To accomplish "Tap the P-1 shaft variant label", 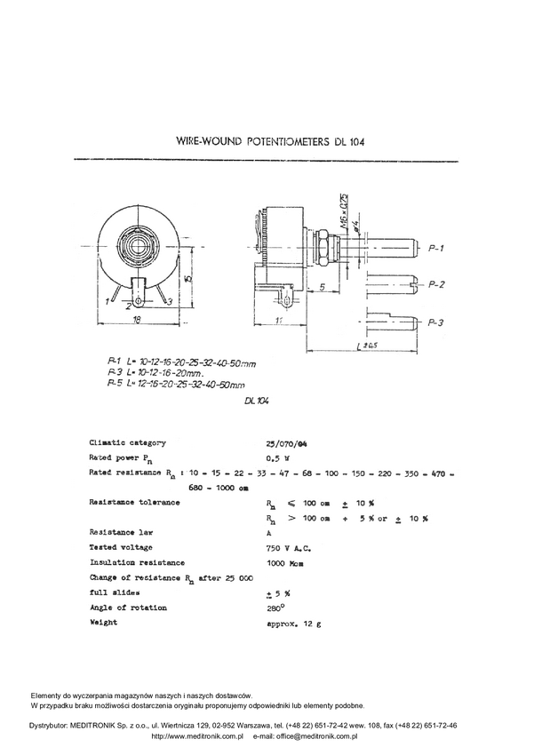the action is click(436, 248).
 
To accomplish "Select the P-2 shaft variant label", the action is click(436, 285).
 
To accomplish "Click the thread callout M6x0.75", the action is click(344, 208).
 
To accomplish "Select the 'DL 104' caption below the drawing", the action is click(256, 401).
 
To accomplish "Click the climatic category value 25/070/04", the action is click(285, 442).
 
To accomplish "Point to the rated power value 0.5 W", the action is click(276, 457).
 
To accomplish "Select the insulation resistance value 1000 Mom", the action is click(285, 562).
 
